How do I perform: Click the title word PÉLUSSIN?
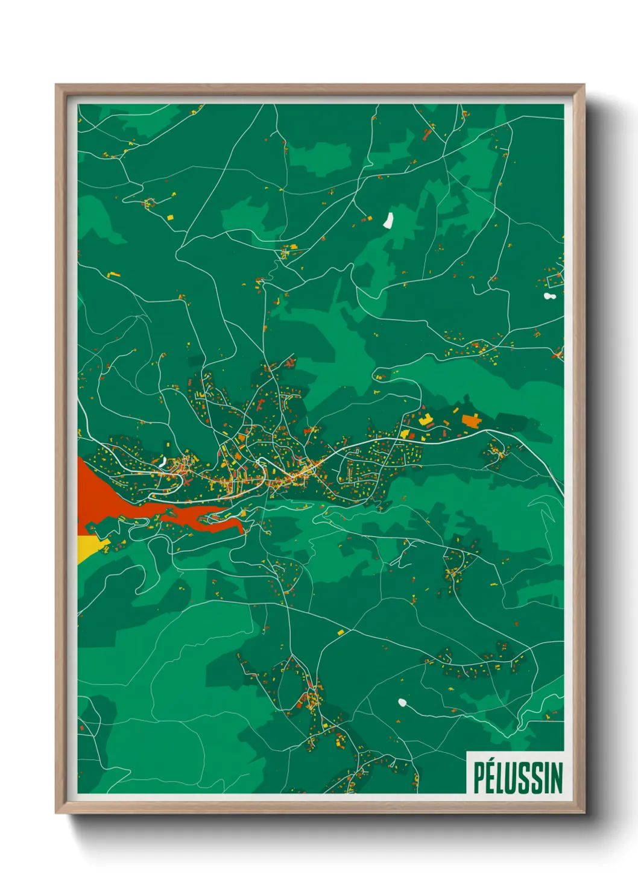[517, 777]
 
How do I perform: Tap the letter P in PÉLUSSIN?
[478, 777]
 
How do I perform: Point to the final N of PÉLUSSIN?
[556, 777]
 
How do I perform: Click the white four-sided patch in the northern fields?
[388, 219]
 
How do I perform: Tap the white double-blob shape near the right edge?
[549, 296]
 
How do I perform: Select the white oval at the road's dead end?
[402, 702]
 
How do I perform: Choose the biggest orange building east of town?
[470, 419]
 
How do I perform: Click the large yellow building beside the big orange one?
[426, 419]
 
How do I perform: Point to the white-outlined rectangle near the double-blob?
[554, 280]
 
